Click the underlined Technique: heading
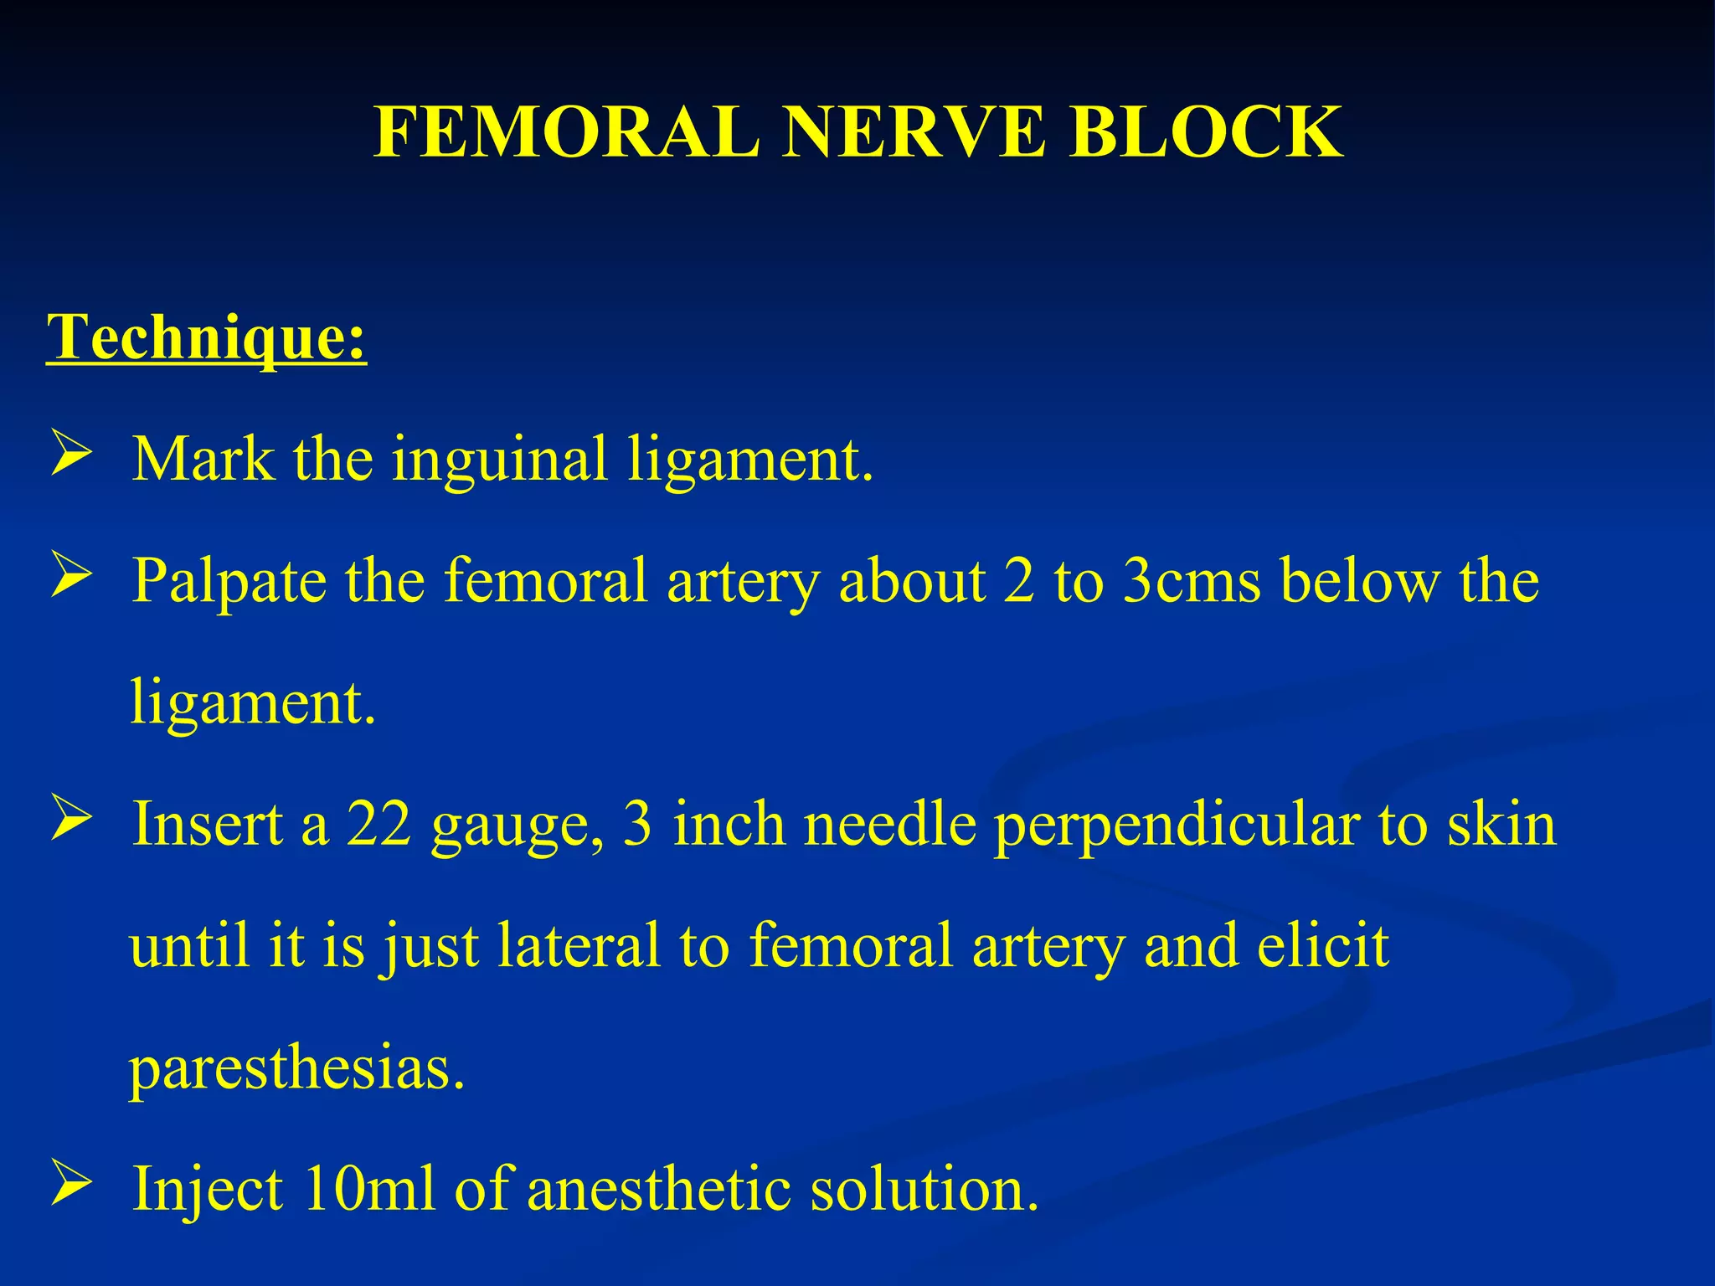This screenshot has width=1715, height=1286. (207, 337)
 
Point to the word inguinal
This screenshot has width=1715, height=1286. (499, 460)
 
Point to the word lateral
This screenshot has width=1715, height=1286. (579, 945)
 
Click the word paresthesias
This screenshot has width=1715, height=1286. (297, 1069)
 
